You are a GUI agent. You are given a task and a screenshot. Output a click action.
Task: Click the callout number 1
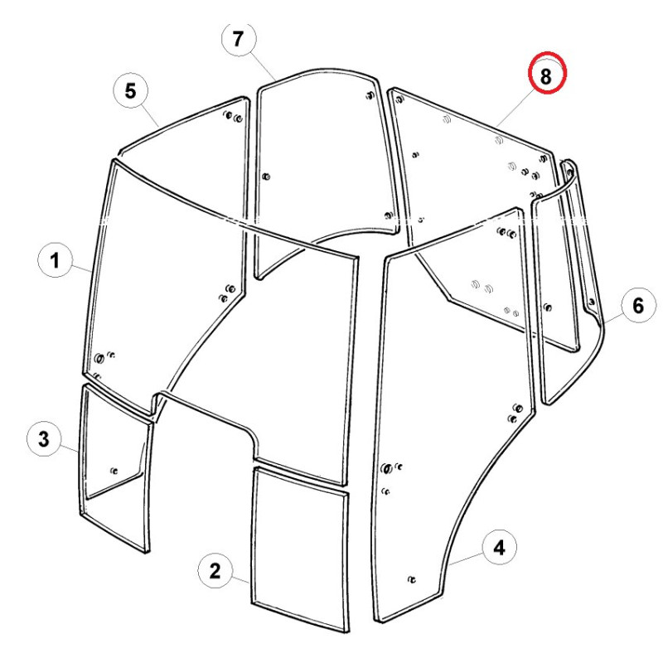[55, 260]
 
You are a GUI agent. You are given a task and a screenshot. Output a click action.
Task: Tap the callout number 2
[215, 571]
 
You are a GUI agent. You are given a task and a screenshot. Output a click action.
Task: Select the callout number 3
[44, 438]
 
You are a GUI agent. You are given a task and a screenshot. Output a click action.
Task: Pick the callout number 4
[500, 548]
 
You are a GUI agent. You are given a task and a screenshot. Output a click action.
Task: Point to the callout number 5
[131, 91]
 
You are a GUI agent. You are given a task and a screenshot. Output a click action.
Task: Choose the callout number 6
[638, 305]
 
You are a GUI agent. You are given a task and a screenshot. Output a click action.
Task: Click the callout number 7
[239, 39]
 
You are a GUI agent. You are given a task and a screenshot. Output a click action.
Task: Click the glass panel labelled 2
[300, 549]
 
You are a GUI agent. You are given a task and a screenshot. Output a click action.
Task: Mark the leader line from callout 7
[261, 67]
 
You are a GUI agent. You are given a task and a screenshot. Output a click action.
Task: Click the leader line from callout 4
[467, 559]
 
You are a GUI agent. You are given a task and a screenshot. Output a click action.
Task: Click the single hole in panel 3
[114, 471]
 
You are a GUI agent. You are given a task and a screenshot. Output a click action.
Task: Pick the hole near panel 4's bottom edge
[411, 579]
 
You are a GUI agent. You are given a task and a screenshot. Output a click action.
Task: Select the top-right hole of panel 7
[370, 95]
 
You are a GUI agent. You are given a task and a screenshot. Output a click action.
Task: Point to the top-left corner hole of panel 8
[399, 100]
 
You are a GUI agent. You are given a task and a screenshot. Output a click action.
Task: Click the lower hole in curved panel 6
[592, 302]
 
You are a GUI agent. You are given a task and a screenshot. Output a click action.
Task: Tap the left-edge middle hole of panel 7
[266, 177]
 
